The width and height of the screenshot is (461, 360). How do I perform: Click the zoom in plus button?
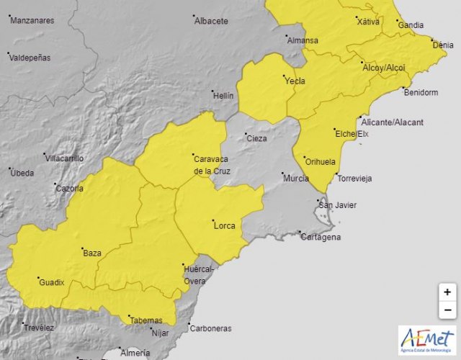[447, 292]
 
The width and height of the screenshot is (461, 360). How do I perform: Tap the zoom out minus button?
[447, 310]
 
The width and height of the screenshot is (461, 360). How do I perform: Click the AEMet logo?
[427, 340]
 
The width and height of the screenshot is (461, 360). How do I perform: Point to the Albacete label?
[211, 22]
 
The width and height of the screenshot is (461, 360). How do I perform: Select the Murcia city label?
[297, 178]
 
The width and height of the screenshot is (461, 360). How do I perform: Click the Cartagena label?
[321, 237]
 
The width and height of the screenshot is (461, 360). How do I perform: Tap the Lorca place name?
[225, 226]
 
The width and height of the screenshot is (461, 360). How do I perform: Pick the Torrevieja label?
[354, 178]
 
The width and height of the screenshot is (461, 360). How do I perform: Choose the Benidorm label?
[421, 93]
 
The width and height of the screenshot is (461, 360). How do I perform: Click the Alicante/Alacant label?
[393, 122]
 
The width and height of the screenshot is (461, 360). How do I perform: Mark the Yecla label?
[295, 81]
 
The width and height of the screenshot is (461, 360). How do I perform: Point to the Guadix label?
[52, 282]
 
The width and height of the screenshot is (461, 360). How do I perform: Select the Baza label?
[92, 253]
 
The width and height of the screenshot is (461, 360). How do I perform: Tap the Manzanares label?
[32, 21]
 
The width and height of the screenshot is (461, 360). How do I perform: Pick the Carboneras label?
[210, 328]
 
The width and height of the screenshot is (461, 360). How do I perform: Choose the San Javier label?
[338, 205]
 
